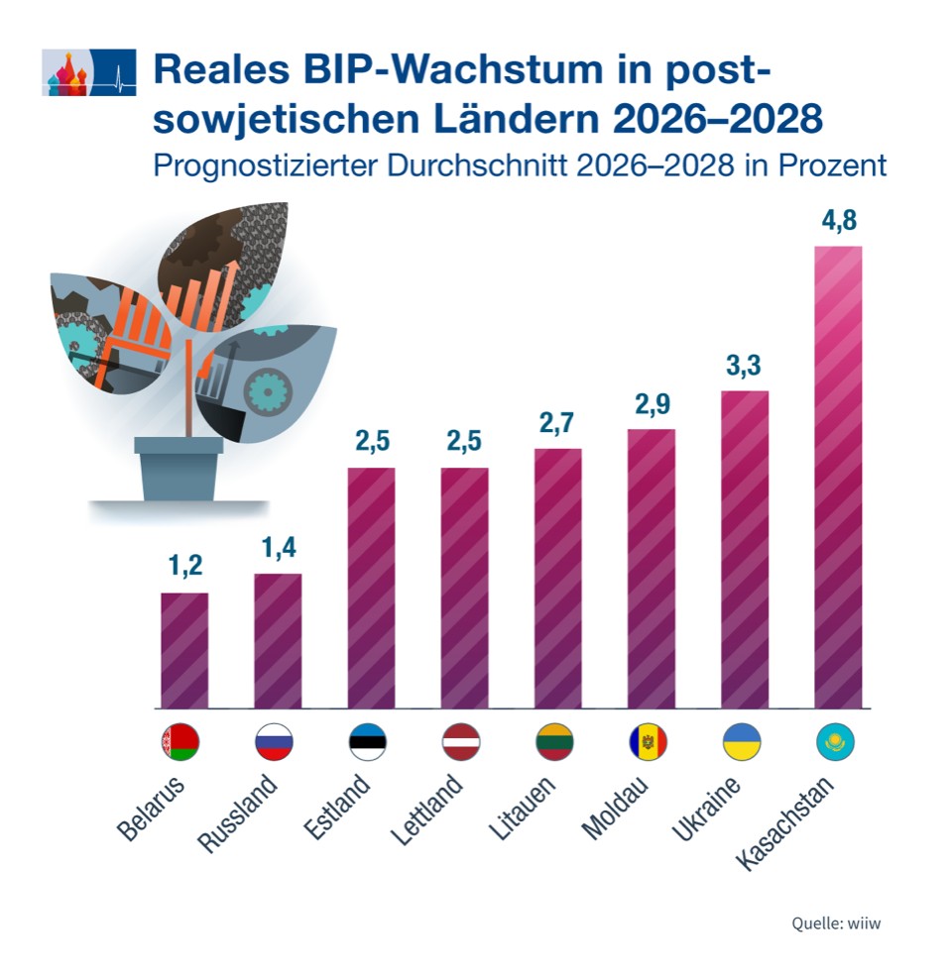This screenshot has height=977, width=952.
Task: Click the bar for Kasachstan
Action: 838,477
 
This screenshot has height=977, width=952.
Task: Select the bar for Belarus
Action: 184,650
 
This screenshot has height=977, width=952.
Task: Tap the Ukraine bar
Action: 745,549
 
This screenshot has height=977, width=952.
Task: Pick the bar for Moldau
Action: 652,569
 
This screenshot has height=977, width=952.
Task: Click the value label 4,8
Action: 838,222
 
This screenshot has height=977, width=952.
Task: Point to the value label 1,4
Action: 278,548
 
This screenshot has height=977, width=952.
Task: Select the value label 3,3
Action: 745,366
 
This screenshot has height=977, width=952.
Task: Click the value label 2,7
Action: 558,424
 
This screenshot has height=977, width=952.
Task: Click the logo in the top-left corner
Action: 88,71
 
